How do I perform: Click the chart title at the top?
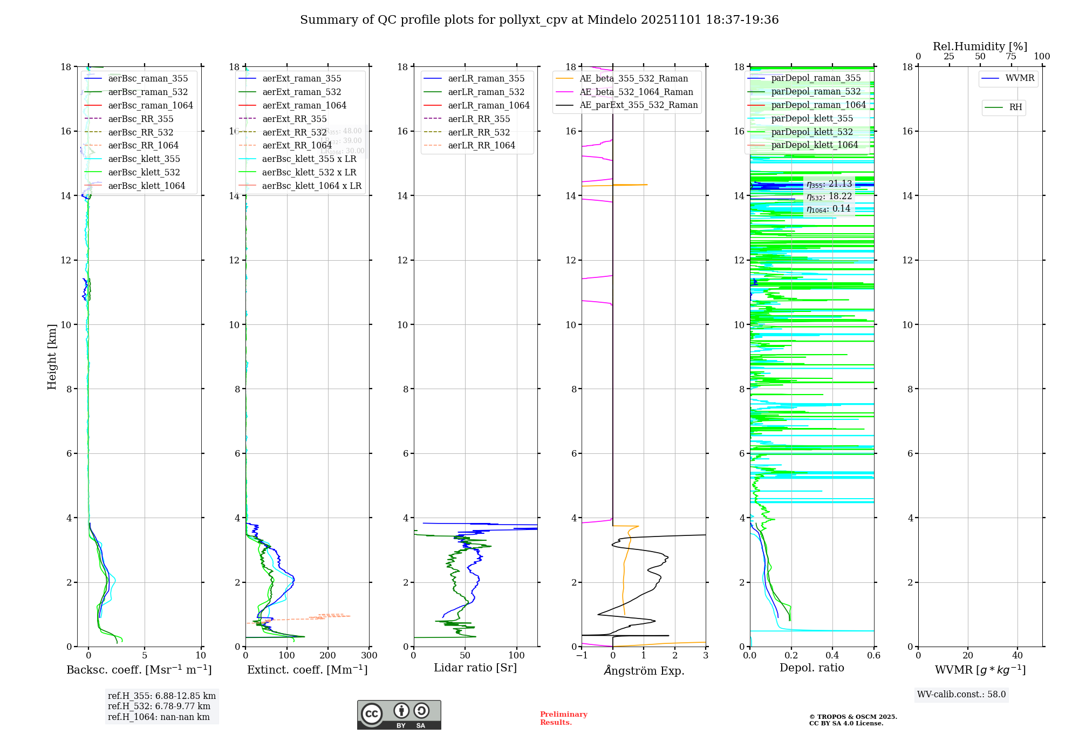click(539, 20)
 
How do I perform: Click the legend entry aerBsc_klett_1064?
click(146, 186)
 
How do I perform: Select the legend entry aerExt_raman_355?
click(302, 79)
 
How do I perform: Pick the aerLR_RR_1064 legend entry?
click(481, 146)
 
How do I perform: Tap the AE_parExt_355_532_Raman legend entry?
click(638, 105)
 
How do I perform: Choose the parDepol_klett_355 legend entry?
click(812, 119)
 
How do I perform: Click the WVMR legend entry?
click(1020, 78)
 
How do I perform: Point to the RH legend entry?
click(1015, 107)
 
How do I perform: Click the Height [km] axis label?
click(52, 357)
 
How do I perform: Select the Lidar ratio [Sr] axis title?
click(475, 668)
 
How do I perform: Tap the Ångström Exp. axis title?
click(644, 671)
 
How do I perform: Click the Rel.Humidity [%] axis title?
click(980, 46)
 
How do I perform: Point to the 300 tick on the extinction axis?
click(369, 656)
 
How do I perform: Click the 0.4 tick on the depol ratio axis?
click(832, 656)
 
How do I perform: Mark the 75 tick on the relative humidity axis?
click(1011, 57)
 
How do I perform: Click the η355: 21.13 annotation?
click(829, 185)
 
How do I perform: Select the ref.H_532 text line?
click(159, 706)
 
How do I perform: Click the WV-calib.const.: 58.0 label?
click(961, 695)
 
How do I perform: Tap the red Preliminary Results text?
click(563, 718)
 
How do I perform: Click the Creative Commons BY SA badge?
click(399, 715)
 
